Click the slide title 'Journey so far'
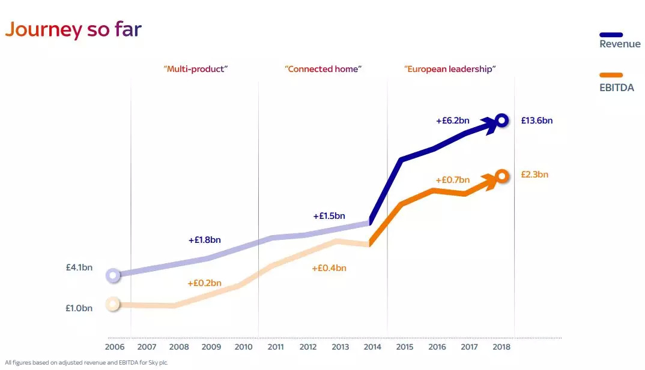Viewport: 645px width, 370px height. (x=73, y=29)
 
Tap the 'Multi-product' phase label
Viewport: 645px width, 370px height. (x=196, y=69)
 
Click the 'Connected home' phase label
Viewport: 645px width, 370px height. (x=323, y=69)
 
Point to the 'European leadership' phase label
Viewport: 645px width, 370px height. (x=450, y=69)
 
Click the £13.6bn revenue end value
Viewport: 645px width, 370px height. (x=536, y=121)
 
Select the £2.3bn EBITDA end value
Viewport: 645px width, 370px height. (x=534, y=175)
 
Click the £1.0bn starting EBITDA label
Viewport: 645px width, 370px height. (x=79, y=308)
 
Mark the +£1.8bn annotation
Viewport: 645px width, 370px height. (x=204, y=240)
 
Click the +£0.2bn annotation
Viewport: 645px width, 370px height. (x=204, y=283)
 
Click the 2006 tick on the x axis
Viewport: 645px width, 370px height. (x=115, y=347)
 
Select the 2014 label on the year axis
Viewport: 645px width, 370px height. (x=372, y=347)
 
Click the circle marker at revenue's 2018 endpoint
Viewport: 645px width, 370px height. (x=503, y=121)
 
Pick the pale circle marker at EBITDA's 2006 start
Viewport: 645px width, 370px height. (x=112, y=304)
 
